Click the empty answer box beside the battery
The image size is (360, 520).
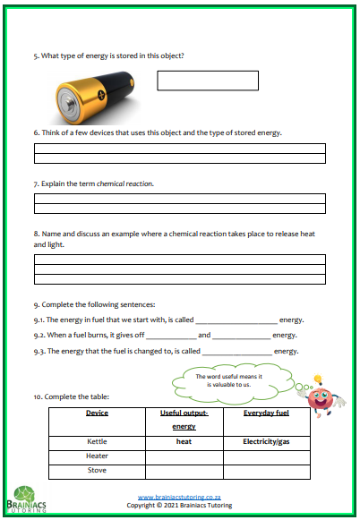(208, 81)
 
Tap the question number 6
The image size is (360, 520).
(36, 132)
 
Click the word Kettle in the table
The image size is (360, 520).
(97, 441)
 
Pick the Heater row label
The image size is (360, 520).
(97, 456)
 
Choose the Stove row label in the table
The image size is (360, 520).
(97, 469)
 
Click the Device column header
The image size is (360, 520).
(97, 413)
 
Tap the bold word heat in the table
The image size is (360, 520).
(184, 441)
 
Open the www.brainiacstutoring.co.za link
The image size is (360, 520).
(180, 497)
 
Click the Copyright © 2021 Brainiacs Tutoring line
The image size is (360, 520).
(180, 505)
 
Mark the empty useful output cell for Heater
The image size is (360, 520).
(184, 456)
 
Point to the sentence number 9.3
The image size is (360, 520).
(39, 352)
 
